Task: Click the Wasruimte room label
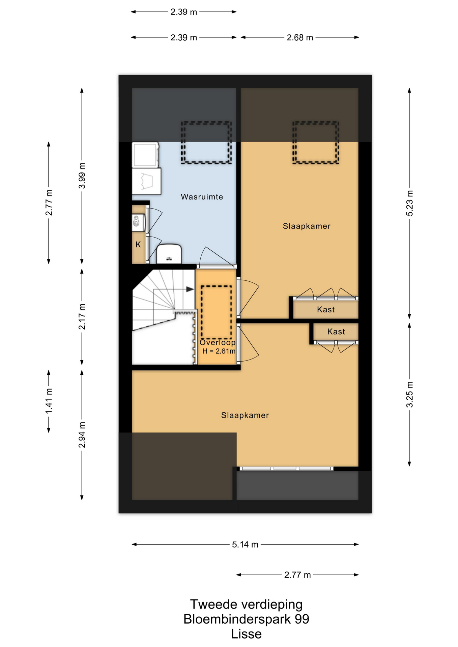click(202, 197)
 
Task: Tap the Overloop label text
click(218, 342)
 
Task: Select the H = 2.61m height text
click(219, 351)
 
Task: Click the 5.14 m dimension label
click(245, 545)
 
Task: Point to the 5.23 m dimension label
click(409, 203)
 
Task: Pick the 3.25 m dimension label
click(409, 395)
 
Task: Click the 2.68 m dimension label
click(300, 37)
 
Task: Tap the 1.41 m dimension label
click(49, 401)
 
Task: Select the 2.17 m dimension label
click(82, 317)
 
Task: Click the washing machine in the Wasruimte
click(146, 181)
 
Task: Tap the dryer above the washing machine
click(145, 155)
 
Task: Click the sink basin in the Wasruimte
click(169, 254)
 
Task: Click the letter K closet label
click(138, 245)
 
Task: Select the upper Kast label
click(326, 309)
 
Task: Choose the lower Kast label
click(336, 332)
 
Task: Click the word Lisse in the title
click(246, 634)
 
